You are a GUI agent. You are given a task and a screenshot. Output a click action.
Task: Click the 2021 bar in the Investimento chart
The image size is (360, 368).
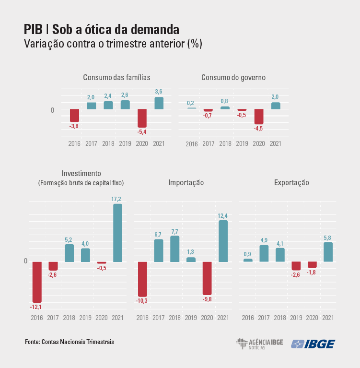tap(117, 233)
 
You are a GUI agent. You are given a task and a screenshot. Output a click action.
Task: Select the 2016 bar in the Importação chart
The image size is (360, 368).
tap(142, 279)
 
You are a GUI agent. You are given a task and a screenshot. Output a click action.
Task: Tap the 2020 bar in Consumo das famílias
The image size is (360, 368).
tap(142, 118)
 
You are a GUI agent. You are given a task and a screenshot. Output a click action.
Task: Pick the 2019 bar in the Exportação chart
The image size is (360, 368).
tap(296, 266)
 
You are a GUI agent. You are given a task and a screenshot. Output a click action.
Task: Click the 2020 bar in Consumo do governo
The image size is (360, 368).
tap(259, 117)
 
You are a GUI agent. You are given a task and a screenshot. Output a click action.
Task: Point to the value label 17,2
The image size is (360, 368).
tap(117, 199)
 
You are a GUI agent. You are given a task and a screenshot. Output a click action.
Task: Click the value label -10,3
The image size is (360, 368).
tap(142, 301)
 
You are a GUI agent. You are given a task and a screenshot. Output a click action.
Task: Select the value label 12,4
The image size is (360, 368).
tap(223, 215)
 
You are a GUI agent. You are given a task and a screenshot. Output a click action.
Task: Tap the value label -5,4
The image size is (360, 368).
tap(142, 131)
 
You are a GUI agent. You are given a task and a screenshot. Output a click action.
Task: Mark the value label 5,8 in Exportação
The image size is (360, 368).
tap(328, 237)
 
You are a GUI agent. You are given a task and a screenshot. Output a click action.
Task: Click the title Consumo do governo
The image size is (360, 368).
tap(233, 77)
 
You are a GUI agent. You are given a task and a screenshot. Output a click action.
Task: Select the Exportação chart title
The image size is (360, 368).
tap(291, 182)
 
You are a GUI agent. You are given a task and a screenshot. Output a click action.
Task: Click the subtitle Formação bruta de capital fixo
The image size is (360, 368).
tap(81, 183)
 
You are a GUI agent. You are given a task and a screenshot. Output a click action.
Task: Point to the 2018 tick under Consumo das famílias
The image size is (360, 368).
tap(108, 143)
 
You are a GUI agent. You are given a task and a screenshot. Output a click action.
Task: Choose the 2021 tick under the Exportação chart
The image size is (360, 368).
tap(328, 318)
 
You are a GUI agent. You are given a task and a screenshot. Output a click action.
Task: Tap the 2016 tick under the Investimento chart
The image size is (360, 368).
tap(37, 318)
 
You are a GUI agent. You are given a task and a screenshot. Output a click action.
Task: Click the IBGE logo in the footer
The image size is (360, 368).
tap(314, 344)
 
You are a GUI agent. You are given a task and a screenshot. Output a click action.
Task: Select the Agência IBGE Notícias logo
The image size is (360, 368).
tap(259, 344)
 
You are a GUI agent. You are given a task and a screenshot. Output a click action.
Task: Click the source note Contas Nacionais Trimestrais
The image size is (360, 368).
tap(70, 342)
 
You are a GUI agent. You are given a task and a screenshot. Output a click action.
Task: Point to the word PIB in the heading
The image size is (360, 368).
tap(33, 29)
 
